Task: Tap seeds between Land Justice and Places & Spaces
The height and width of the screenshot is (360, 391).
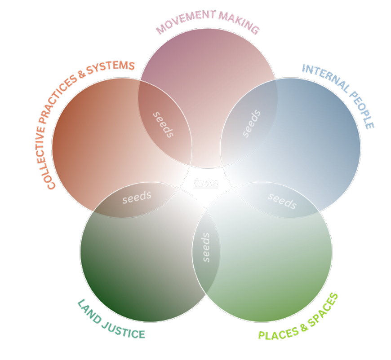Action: click(206, 247)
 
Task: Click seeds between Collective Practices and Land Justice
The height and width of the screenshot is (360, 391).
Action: click(137, 197)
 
